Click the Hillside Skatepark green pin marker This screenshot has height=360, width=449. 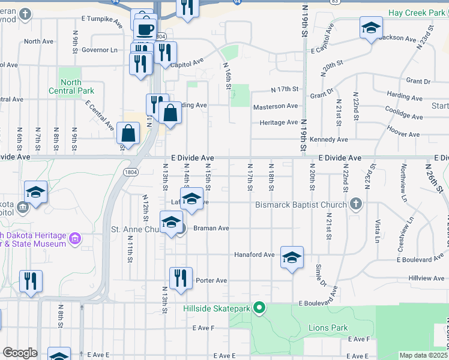point(259,308)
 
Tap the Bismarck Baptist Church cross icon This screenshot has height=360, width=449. point(356,204)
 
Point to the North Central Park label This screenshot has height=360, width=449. point(77,86)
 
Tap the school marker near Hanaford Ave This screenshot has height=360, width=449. point(292,258)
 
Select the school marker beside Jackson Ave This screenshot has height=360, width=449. point(371,28)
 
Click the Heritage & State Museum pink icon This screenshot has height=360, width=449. point(75,239)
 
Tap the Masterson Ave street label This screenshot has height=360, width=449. point(275,106)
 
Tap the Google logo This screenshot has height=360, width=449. point(20,353)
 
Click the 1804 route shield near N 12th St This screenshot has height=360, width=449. point(131,172)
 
